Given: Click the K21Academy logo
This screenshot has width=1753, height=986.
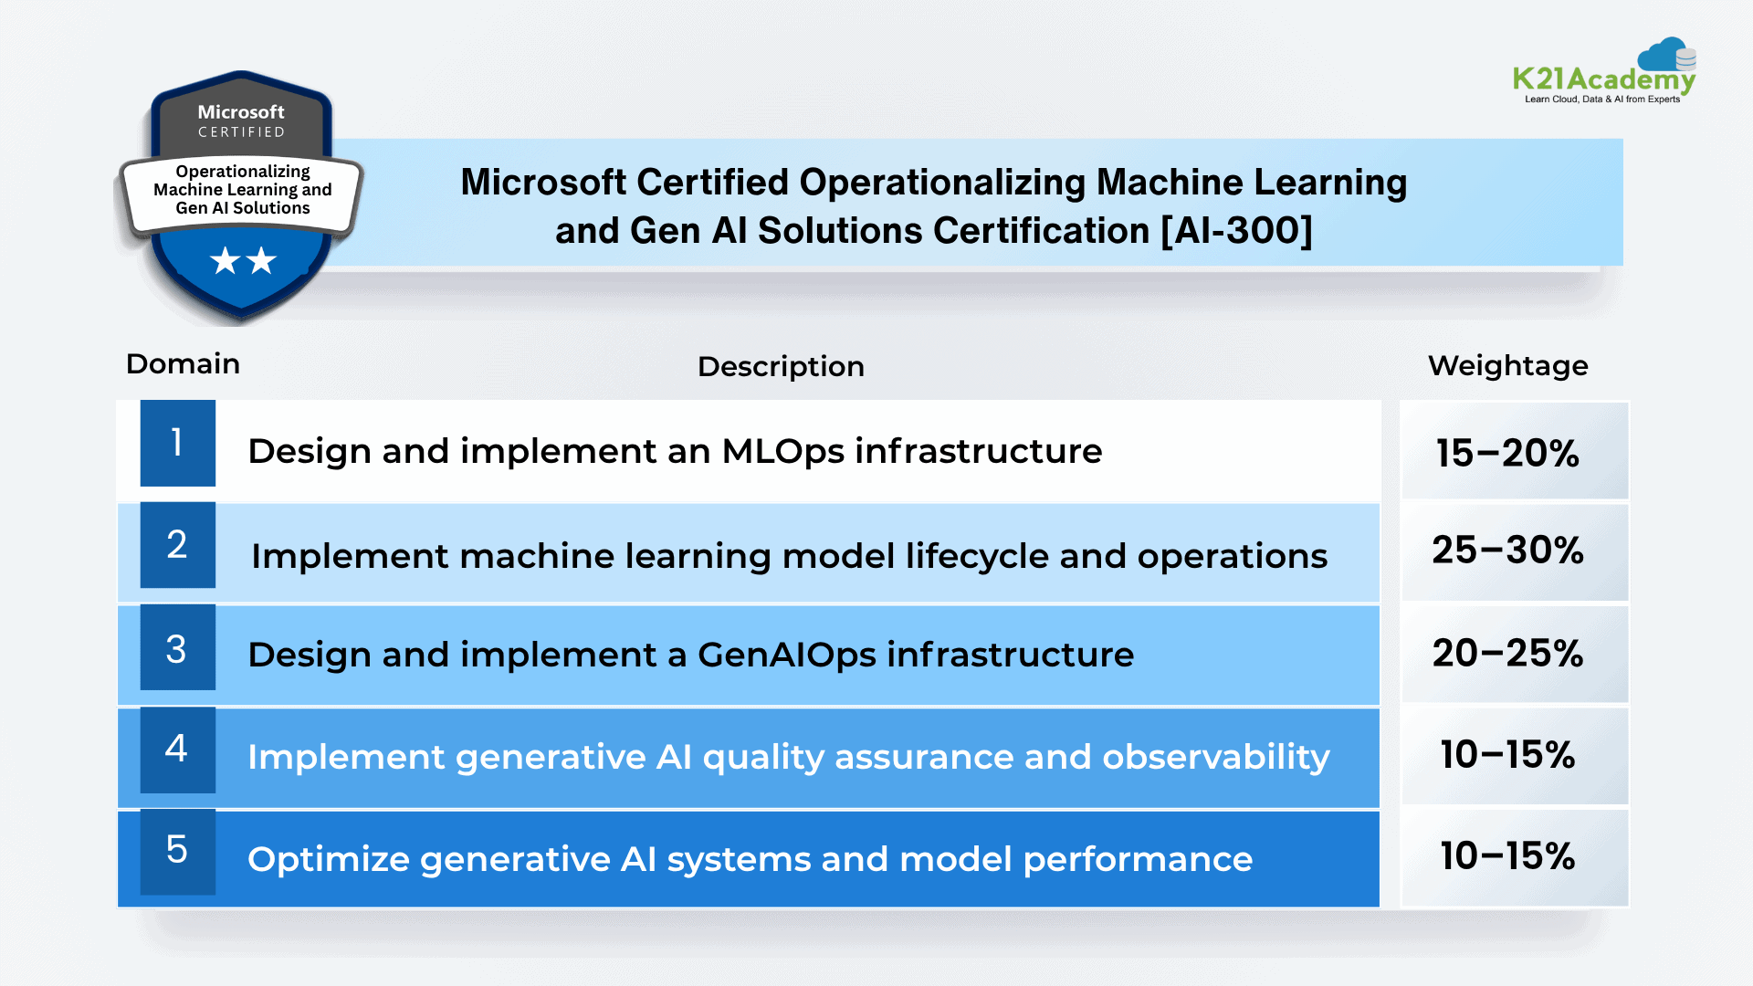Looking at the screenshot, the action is (1604, 71).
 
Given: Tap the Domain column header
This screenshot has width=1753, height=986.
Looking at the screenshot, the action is (183, 363).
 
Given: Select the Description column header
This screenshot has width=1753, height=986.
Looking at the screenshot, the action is (781, 367).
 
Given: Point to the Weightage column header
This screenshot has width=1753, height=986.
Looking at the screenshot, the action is (1507, 366).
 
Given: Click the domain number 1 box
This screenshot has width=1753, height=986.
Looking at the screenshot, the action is (178, 443).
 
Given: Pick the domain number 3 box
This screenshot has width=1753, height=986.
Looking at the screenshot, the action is (178, 647).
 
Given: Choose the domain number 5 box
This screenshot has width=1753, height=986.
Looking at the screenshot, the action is (178, 852).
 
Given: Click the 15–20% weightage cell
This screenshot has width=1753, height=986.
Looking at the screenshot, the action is (1515, 451).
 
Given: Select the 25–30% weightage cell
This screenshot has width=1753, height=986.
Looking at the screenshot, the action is (1515, 552).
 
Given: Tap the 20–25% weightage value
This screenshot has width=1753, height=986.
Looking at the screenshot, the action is (1507, 653).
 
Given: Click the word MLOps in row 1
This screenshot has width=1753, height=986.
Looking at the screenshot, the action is (783, 452).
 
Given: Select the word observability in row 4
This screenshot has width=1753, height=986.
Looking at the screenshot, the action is (1216, 758).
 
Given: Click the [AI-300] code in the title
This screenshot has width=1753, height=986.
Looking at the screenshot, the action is (1237, 231).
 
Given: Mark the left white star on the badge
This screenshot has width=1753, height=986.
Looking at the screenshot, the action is (225, 261).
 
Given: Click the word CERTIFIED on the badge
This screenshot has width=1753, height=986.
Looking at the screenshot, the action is (241, 132).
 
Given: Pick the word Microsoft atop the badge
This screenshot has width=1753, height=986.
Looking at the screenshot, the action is (241, 111).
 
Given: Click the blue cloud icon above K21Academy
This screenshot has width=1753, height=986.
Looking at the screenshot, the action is (1666, 54).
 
